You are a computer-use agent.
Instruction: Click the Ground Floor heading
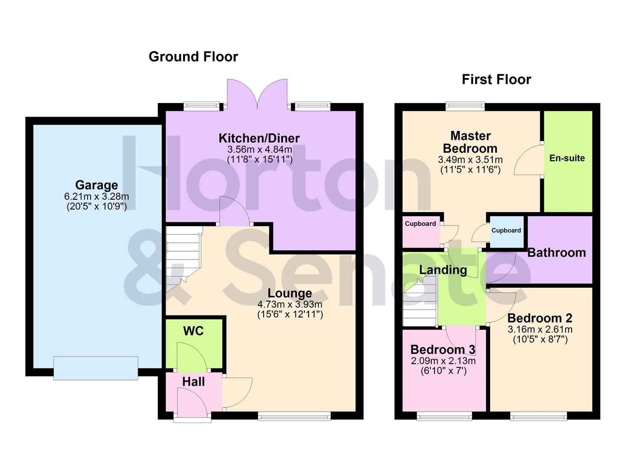click(x=193, y=57)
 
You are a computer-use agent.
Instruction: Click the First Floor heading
click(x=496, y=80)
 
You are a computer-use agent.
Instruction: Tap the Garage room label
click(x=97, y=185)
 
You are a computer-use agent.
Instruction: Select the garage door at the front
click(x=96, y=368)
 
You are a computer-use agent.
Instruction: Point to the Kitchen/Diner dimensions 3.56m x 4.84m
click(x=260, y=149)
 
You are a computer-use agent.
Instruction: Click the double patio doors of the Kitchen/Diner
click(x=257, y=95)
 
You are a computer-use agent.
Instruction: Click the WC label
click(x=193, y=331)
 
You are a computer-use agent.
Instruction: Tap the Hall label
click(x=193, y=382)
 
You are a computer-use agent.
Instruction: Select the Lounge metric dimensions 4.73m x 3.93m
click(x=290, y=304)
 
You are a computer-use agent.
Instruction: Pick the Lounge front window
click(x=294, y=417)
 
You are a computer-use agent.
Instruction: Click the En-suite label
click(x=567, y=158)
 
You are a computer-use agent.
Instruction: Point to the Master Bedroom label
click(x=470, y=142)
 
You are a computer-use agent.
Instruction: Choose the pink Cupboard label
click(x=420, y=224)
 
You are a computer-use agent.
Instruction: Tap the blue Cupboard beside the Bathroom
click(x=506, y=231)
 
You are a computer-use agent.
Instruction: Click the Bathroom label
click(x=556, y=253)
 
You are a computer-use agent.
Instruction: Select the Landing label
click(x=443, y=270)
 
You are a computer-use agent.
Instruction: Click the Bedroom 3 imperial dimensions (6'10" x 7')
click(x=443, y=371)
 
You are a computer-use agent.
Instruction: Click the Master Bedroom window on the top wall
click(x=465, y=106)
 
